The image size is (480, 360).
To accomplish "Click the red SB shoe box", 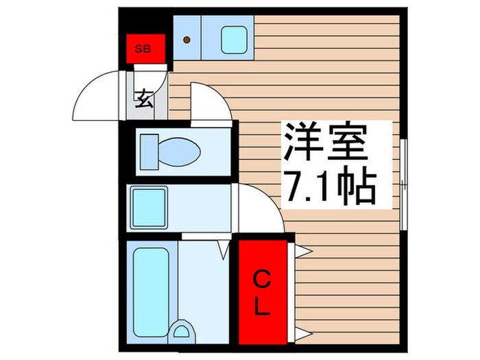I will coord(145,48).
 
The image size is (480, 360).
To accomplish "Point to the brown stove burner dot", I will coord(186,39).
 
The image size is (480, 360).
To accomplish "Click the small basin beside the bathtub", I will coord(182,332).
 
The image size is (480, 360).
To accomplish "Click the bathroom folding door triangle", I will coord(222,249).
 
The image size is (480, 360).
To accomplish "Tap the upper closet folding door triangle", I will coord(299,251).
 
